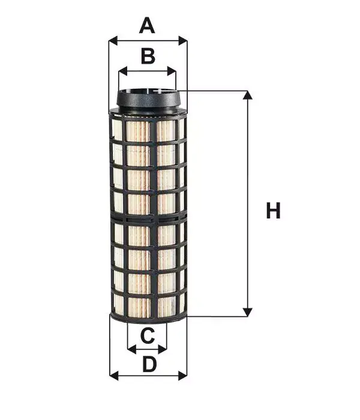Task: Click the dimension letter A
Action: coord(147,25)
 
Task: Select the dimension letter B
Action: coord(148,56)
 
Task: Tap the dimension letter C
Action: coord(148,335)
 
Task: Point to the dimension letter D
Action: coord(149,364)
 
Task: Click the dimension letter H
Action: coord(273,211)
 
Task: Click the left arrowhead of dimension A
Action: coord(113,41)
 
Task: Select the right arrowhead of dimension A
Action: coord(182,41)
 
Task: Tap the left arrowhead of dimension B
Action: coord(123,71)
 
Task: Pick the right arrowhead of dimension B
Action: coord(172,71)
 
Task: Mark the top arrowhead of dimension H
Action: coord(247,95)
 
